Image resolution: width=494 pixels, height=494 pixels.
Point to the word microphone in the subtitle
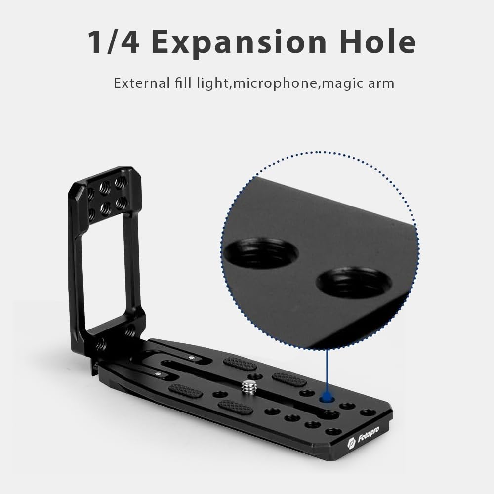click(x=275, y=83)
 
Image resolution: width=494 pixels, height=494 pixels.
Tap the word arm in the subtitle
click(x=380, y=83)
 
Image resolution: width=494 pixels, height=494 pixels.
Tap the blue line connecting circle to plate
click(x=326, y=370)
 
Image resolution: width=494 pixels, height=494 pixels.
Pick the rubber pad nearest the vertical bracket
click(x=240, y=364)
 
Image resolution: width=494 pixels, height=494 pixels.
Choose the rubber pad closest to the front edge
click(x=235, y=407)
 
